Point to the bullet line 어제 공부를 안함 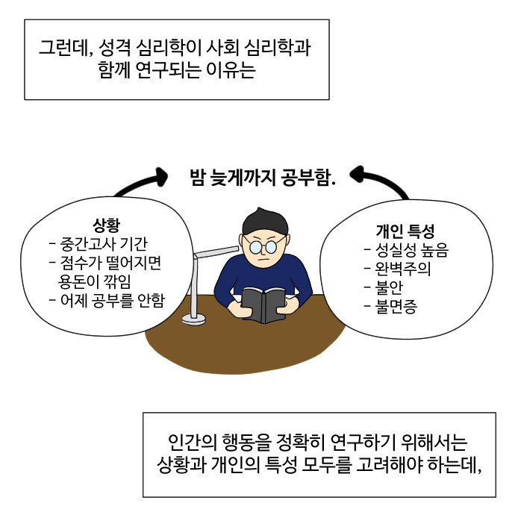(x=106, y=302)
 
